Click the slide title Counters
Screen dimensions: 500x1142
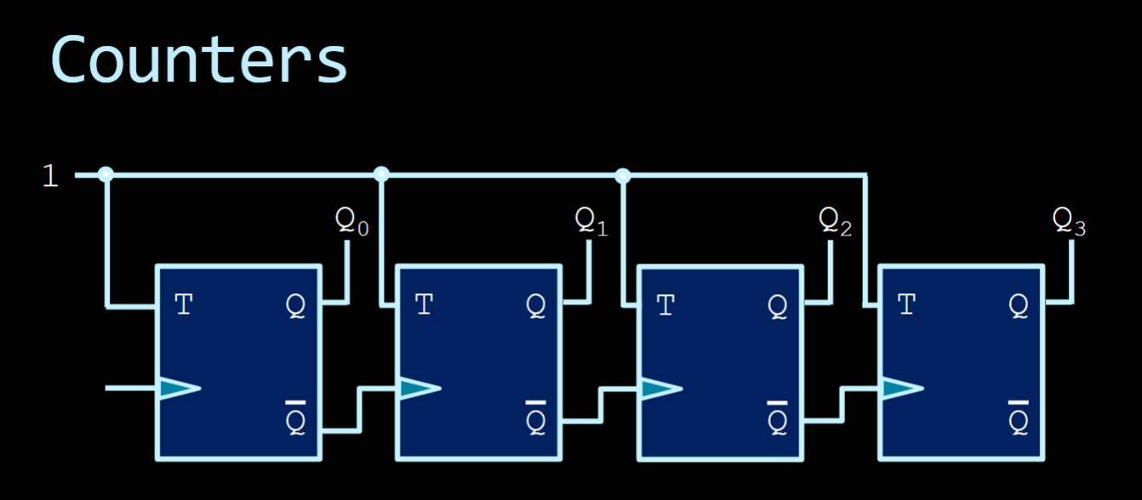pos(199,60)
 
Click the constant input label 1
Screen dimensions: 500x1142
pos(51,176)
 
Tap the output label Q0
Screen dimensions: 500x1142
pos(351,222)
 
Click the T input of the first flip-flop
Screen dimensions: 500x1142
pos(184,304)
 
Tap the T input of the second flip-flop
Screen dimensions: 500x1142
pos(424,304)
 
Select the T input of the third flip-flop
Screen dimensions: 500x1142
pos(665,304)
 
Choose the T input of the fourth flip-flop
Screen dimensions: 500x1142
pos(906,304)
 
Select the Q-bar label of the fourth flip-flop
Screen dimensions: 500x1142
pos(1019,417)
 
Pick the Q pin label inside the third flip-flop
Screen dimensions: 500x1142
pos(778,305)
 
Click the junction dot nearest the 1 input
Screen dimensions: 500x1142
pos(106,174)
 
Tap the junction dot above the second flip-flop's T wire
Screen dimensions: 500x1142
pos(381,174)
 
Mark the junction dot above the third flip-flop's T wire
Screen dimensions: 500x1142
pos(623,176)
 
